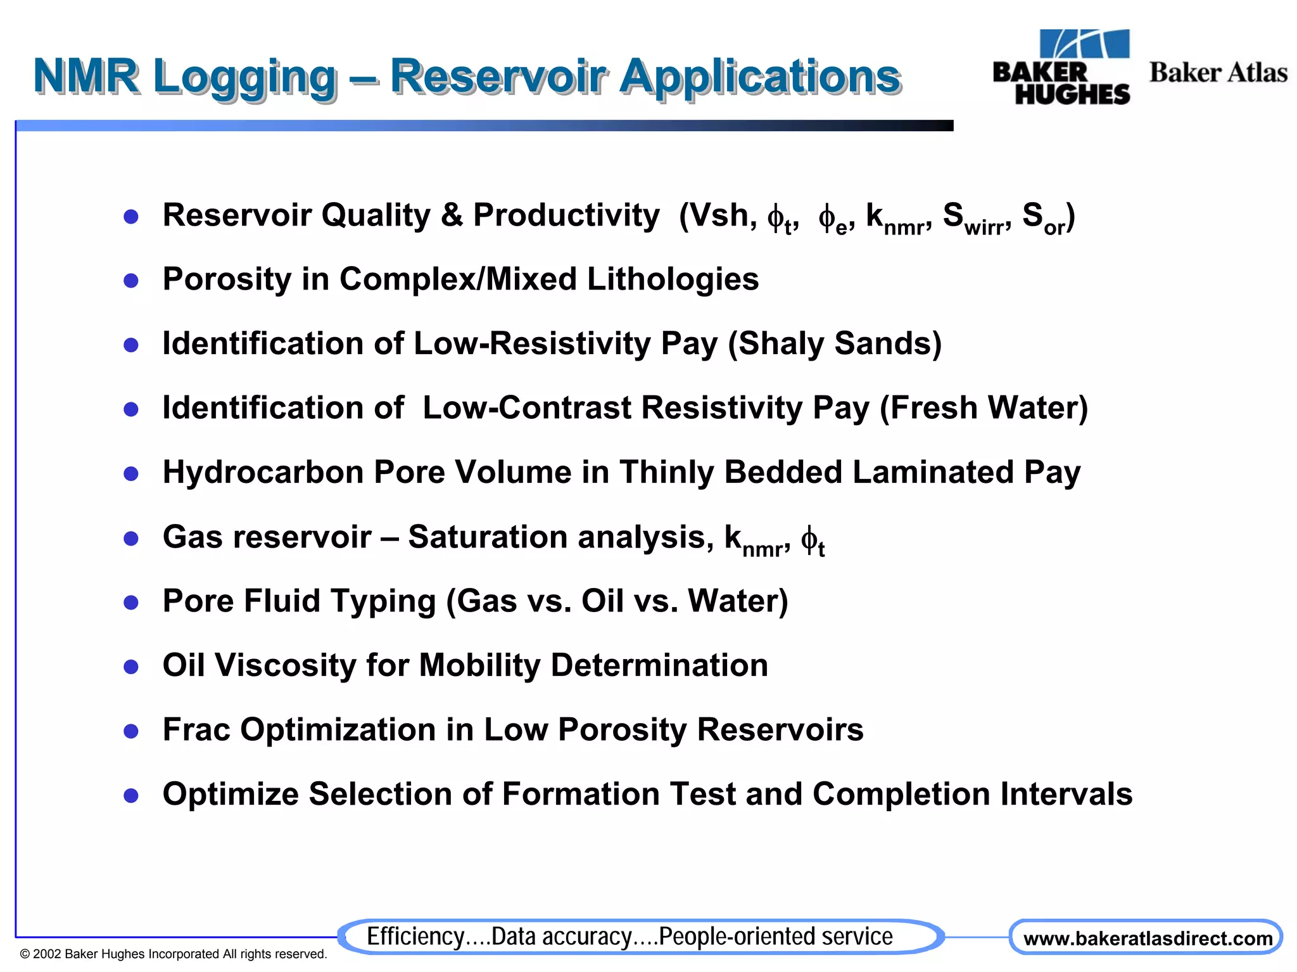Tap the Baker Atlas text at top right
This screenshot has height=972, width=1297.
[1217, 73]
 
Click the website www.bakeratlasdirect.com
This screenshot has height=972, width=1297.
[1147, 938]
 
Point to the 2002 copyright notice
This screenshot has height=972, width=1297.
[173, 954]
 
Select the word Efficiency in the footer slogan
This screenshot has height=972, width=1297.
[415, 937]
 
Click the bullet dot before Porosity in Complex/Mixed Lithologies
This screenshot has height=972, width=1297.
[131, 281]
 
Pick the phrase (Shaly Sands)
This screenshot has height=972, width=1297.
[835, 344]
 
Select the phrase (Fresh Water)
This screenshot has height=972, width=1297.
[984, 408]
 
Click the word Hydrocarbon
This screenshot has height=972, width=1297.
[263, 473]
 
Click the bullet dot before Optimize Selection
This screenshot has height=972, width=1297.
[131, 796]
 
